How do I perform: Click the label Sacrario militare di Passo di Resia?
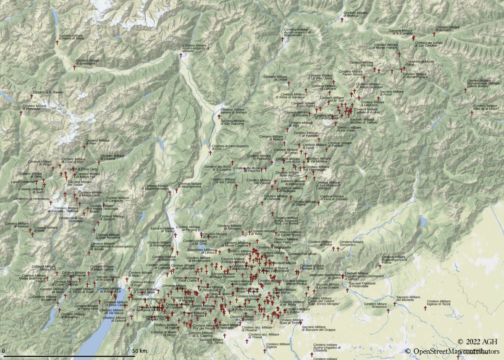tap(71, 37)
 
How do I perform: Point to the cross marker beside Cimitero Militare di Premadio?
tap(21, 113)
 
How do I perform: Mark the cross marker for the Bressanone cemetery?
tap(282, 39)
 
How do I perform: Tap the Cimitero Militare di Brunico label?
tap(355, 14)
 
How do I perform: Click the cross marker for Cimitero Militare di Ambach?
tap(434, 34)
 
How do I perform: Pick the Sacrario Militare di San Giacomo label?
tap(232, 122)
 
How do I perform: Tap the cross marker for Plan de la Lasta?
tap(472, 113)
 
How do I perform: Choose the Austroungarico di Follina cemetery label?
tap(395, 259)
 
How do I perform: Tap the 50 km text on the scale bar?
tap(139, 351)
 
